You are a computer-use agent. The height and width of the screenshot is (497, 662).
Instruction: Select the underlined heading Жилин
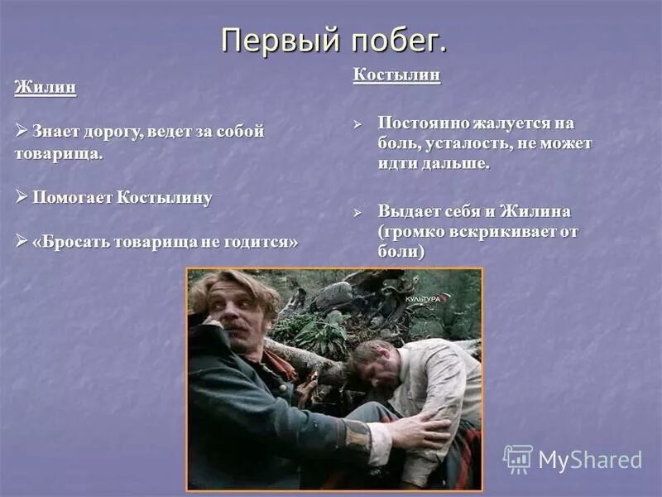(x=45, y=88)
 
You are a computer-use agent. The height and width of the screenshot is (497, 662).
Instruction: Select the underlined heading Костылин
(x=396, y=75)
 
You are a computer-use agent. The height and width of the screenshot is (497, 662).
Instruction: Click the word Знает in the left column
(x=57, y=132)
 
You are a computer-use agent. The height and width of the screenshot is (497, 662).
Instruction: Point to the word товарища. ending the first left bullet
(x=58, y=154)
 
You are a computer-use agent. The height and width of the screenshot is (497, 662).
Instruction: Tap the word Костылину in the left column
(x=165, y=198)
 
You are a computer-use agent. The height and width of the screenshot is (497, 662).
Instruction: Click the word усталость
(x=461, y=143)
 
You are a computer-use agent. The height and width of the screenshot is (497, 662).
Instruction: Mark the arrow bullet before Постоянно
(x=358, y=123)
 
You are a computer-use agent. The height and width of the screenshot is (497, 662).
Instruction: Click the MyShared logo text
(x=589, y=460)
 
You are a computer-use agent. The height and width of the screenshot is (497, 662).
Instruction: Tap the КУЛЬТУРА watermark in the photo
(x=421, y=297)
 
